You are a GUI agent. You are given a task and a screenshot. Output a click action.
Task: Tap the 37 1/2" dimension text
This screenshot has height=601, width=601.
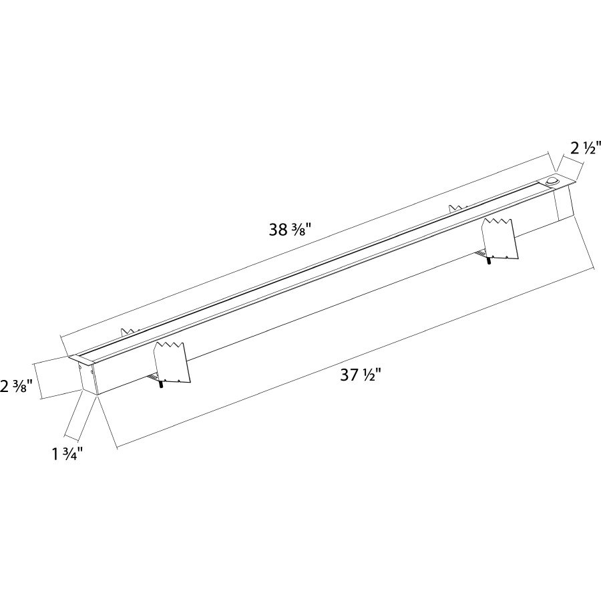point(361,375)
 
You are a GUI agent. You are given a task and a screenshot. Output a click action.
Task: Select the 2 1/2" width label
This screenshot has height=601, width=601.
point(586,148)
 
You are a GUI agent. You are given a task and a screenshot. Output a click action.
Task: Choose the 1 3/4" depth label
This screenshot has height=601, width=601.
point(67,455)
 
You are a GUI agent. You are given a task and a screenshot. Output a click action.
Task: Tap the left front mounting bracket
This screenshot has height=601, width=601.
point(172,363)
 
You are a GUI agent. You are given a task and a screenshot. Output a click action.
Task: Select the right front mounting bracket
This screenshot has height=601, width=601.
point(499,238)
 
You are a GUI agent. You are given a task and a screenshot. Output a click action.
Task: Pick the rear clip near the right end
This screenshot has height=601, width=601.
point(457,208)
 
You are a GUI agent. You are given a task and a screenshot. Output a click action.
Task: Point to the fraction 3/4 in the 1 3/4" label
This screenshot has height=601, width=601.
point(75,455)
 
